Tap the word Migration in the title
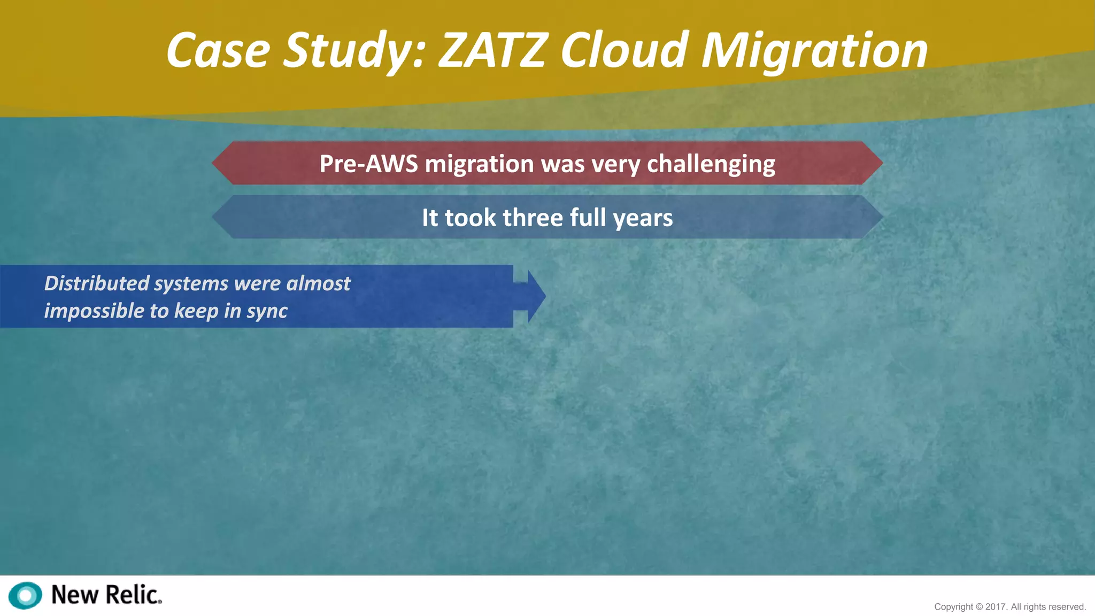pos(814,51)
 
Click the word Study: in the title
pos(353,51)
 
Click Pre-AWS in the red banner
pos(368,164)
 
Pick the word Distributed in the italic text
pos(96,283)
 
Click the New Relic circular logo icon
pos(25,595)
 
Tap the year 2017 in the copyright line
pos(996,607)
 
